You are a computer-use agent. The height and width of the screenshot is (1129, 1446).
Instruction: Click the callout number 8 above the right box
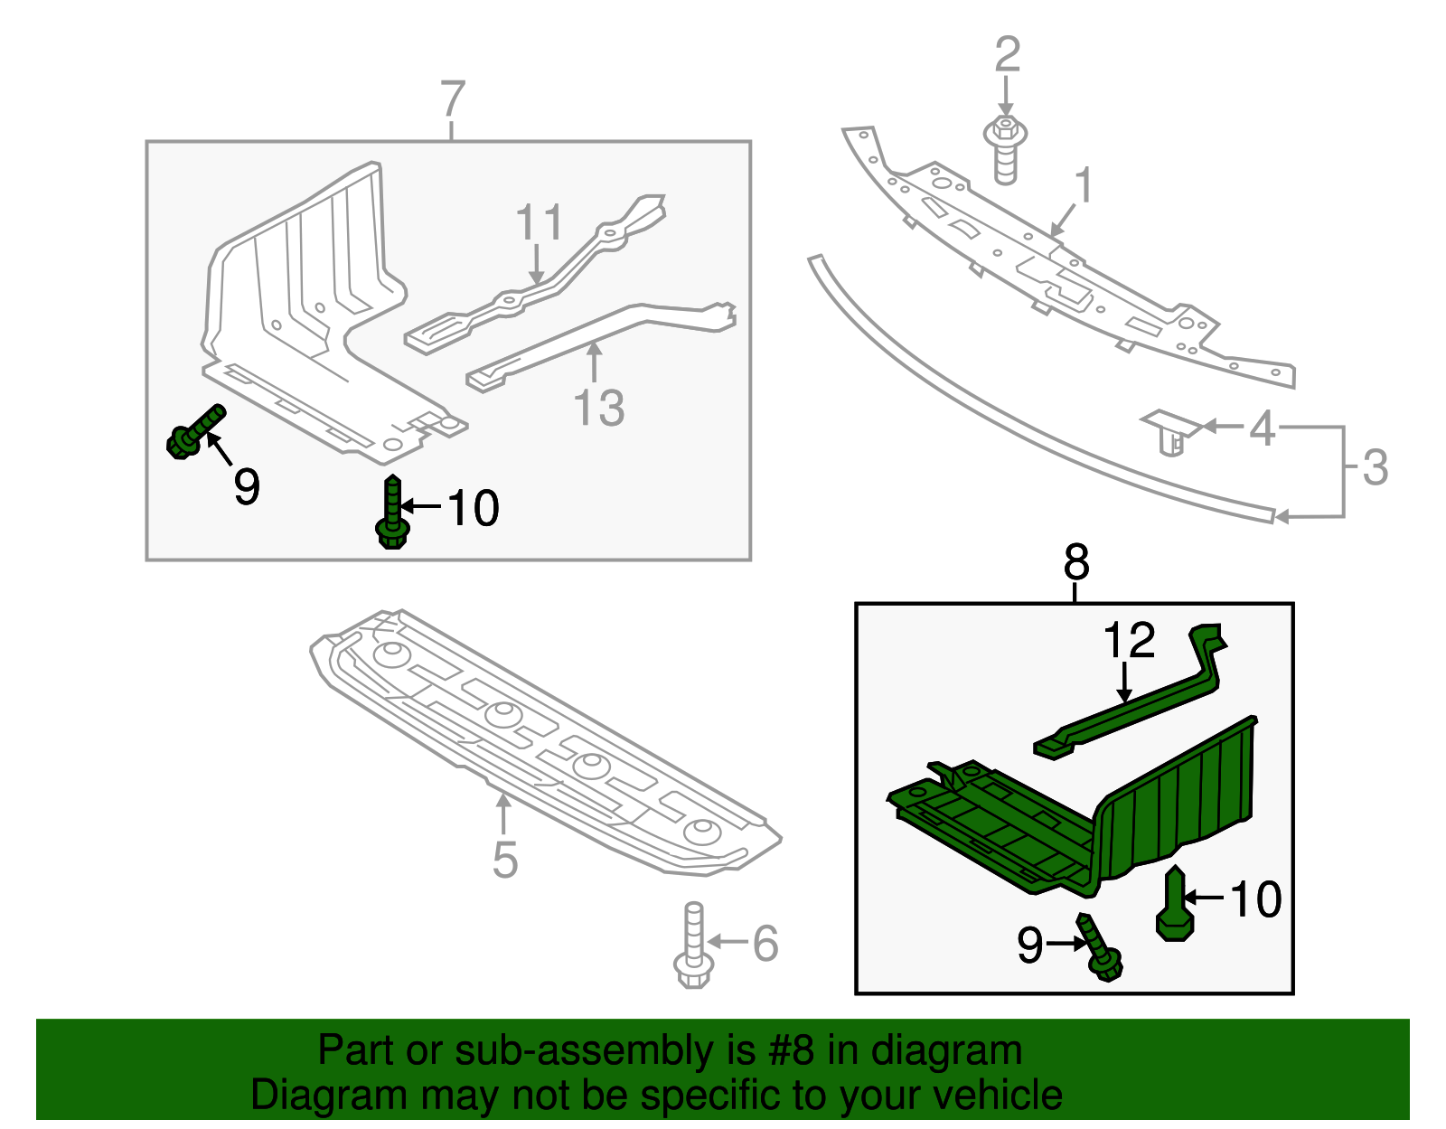[1075, 563]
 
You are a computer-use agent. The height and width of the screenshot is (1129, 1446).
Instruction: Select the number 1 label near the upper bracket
[1084, 185]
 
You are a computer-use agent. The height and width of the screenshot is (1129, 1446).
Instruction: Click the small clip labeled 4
[1169, 432]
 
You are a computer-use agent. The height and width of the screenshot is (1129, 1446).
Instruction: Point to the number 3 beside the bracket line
[1375, 468]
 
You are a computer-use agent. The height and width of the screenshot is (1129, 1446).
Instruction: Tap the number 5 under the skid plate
[505, 860]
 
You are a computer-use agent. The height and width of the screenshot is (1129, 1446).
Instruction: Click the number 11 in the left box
[540, 222]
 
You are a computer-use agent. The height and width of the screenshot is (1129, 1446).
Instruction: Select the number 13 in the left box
[599, 409]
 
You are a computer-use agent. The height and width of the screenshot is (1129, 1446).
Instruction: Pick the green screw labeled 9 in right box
[1099, 948]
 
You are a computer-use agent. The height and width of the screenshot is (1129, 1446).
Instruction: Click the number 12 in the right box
[1129, 641]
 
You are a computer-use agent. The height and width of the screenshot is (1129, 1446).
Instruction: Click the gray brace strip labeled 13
[596, 334]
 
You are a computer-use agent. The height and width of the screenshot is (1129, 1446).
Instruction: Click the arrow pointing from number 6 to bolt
[728, 942]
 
